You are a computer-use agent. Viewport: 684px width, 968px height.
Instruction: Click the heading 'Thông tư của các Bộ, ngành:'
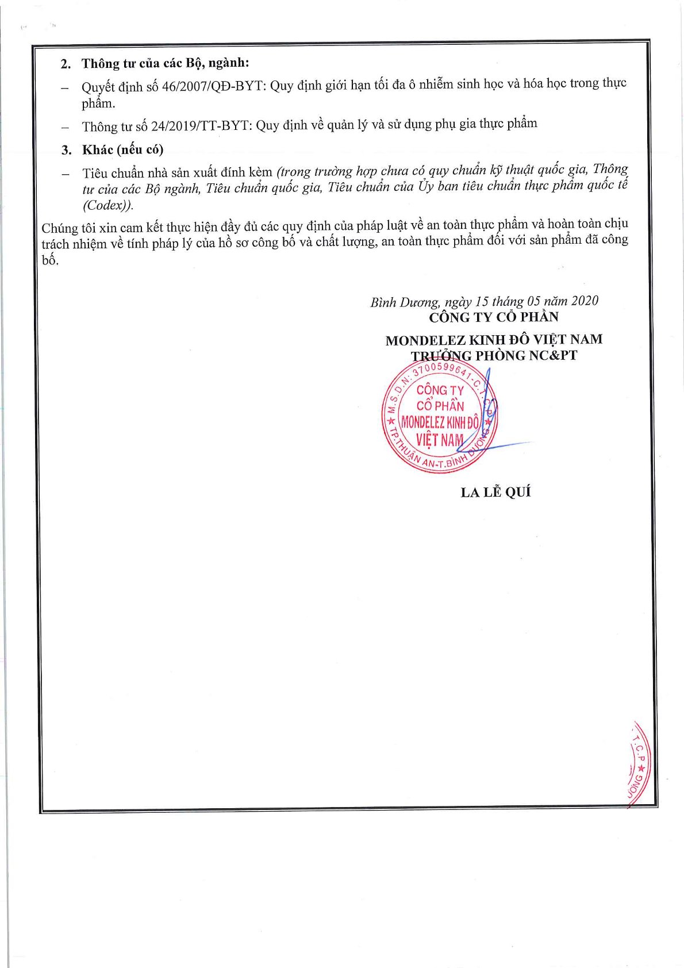point(165,63)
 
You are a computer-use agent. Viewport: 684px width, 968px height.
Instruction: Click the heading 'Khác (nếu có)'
point(122,150)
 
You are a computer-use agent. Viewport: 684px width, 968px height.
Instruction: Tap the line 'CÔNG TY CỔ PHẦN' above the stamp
point(493,317)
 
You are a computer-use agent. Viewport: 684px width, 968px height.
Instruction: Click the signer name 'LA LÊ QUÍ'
point(495,492)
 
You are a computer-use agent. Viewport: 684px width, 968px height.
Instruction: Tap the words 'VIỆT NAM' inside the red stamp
point(440,440)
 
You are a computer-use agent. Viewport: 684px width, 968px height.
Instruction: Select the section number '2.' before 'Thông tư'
point(66,64)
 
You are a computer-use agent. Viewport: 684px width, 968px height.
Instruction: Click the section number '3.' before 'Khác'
point(67,151)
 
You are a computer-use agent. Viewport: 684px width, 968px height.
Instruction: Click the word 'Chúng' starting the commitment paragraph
point(59,228)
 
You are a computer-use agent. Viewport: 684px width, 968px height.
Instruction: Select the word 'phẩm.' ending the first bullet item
point(98,103)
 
